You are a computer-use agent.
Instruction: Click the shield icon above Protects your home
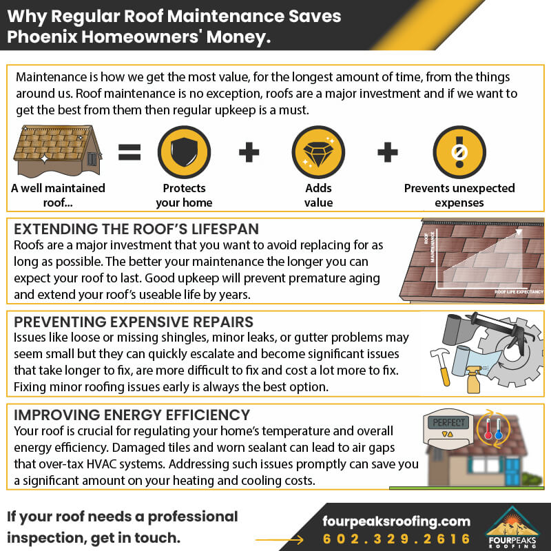click(183, 153)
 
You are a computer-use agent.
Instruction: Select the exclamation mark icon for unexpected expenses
click(459, 153)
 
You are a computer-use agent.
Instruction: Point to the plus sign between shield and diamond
click(250, 153)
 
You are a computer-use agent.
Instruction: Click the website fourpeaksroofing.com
click(397, 521)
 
